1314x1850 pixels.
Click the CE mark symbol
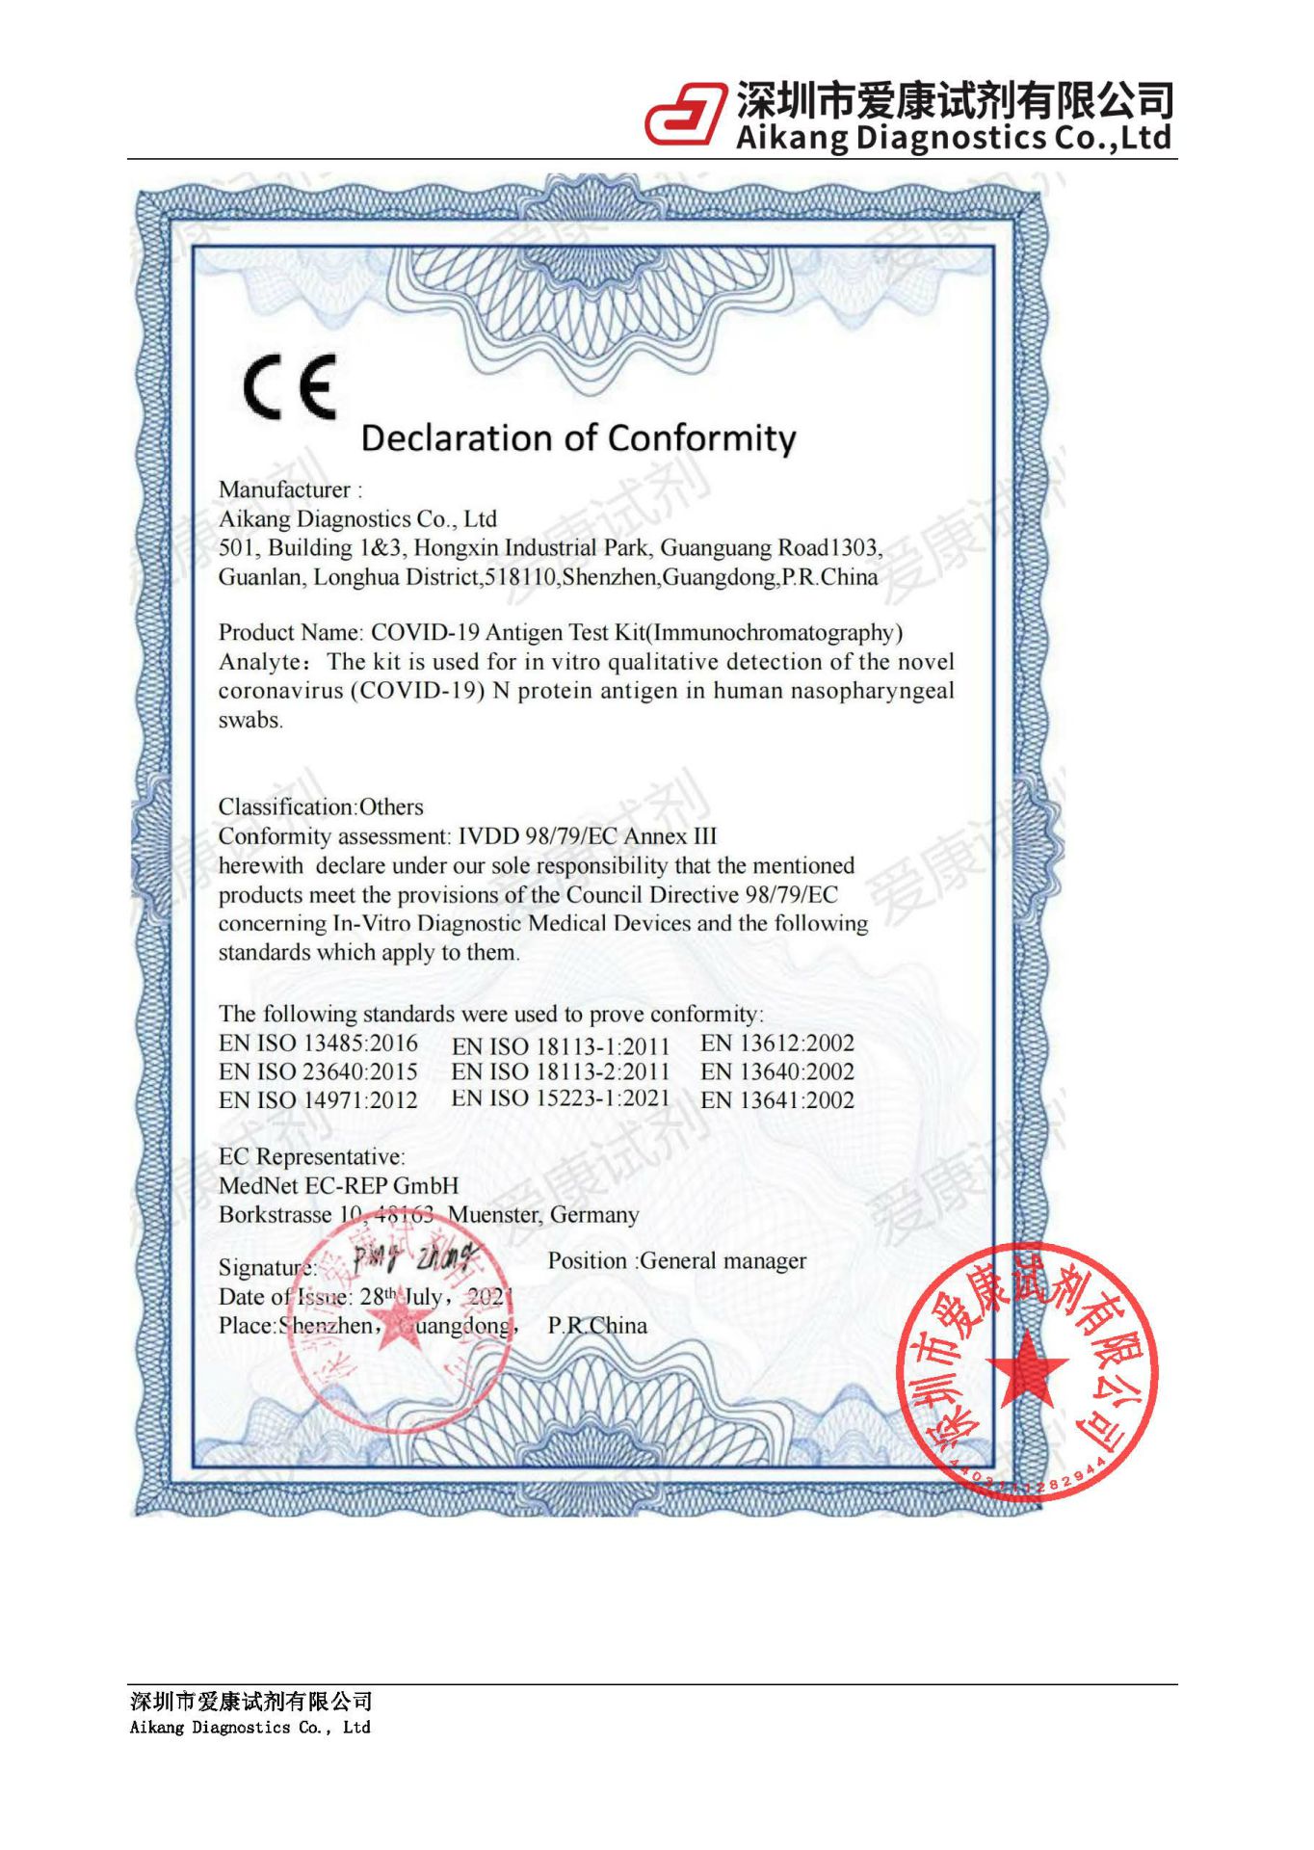[290, 387]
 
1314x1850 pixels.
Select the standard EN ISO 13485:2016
[318, 1044]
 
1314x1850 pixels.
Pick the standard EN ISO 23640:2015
[318, 1072]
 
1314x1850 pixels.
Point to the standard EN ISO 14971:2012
[318, 1100]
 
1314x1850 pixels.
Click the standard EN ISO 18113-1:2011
[560, 1046]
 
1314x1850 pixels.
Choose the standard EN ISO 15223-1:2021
[560, 1098]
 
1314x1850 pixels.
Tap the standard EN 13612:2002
[776, 1044]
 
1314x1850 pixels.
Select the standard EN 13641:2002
[776, 1100]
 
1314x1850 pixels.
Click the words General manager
[723, 1261]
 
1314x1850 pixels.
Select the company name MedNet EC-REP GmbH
[338, 1186]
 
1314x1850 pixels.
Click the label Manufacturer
[284, 489]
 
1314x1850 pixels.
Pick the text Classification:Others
[321, 807]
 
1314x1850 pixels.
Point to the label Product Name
[289, 633]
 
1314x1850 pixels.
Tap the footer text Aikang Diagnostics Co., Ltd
[250, 1728]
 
